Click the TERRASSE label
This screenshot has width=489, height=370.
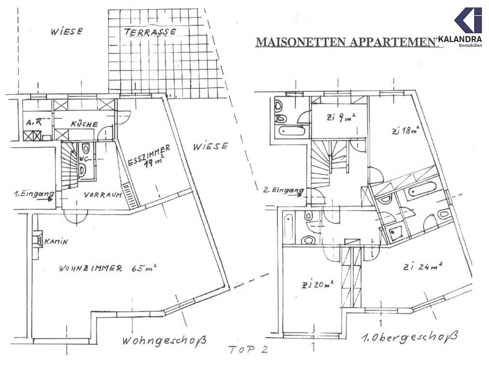click(x=150, y=32)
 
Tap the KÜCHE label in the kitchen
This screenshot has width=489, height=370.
click(x=84, y=124)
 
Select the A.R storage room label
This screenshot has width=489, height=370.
click(x=34, y=123)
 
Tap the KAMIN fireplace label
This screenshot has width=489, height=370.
click(x=56, y=242)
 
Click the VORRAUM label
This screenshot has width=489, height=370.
click(x=103, y=195)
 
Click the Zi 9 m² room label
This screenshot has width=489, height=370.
click(x=341, y=118)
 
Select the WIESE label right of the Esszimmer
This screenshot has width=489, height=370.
click(x=210, y=147)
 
